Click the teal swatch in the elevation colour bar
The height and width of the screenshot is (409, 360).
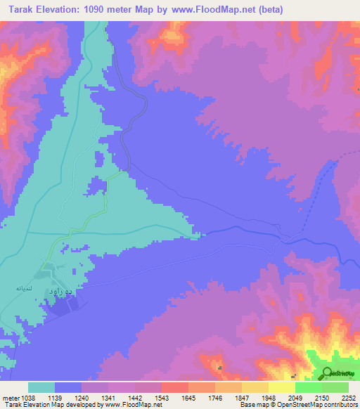pyautogui.click(x=41, y=387)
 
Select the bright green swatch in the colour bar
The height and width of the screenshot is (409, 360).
pyautogui.click(x=308, y=387)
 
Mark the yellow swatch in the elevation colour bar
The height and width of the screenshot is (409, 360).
pyautogui.click(x=281, y=387)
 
